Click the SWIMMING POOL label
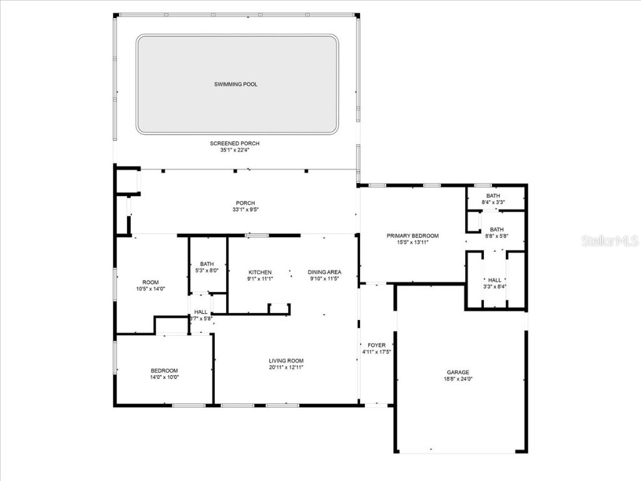235,84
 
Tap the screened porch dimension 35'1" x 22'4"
235,150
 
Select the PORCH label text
245,202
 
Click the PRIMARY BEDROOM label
412,235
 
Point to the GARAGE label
458,372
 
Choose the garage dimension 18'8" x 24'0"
458,379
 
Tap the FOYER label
377,345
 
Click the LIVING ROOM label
286,360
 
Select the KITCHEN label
260,272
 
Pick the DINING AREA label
324,272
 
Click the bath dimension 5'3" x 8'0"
208,271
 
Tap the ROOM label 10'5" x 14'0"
150,282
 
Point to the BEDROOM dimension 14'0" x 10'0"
164,378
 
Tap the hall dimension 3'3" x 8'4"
495,287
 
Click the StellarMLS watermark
610,240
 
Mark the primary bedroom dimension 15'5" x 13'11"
412,242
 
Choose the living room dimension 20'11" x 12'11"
286,367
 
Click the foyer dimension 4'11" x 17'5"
377,352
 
